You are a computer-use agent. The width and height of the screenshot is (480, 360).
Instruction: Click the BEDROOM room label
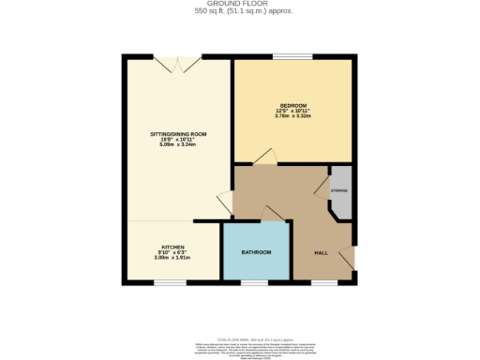[292, 105]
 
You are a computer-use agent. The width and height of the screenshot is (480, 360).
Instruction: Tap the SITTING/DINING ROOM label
[178, 134]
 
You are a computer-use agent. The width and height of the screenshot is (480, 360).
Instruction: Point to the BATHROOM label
[256, 253]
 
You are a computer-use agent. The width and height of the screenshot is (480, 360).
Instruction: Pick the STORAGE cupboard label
[339, 191]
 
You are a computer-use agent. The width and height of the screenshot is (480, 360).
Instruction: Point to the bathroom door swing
[275, 213]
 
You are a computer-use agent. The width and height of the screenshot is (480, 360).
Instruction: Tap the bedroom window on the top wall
[287, 57]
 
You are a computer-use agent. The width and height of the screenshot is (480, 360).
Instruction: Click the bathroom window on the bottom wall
[255, 281]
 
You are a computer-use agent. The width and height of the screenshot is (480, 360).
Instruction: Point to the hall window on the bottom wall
[323, 281]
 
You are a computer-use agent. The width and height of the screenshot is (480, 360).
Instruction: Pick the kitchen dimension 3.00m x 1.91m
[172, 258]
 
